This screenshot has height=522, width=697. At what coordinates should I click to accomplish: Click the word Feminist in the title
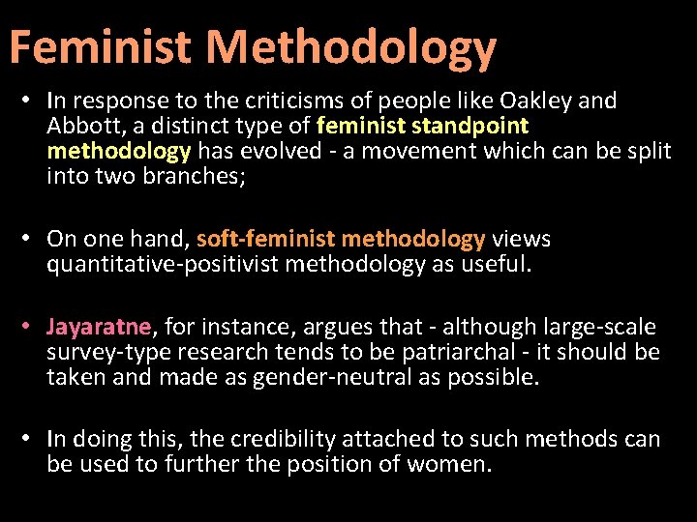coord(100,47)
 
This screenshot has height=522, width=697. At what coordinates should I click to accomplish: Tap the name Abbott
coord(80,126)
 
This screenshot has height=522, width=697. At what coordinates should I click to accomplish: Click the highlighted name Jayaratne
coord(99,327)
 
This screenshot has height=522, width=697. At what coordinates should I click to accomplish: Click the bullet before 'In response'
coord(32,101)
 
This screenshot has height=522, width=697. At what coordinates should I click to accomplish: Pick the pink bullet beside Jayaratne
coord(32,327)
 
